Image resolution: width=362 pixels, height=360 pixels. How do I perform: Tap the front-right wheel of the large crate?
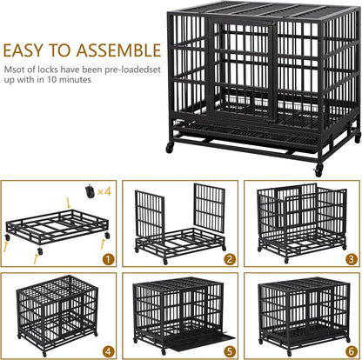click(319, 169)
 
